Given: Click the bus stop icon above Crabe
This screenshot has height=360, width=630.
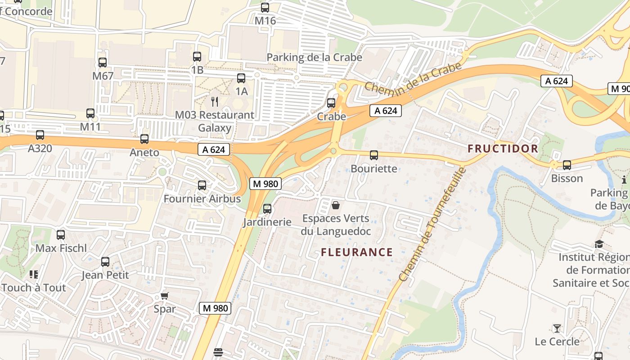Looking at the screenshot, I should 331,103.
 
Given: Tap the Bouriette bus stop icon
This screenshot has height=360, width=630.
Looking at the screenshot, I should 373,155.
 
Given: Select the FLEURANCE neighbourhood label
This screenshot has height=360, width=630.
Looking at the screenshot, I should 357,252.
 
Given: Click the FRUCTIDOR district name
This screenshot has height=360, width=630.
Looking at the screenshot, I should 502,149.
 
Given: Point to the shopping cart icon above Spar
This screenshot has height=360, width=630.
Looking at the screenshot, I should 164,296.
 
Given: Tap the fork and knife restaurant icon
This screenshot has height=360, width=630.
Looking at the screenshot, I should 215,102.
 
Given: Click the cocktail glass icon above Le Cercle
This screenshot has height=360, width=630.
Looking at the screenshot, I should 557,328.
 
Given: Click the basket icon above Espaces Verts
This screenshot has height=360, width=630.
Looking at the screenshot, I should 335,206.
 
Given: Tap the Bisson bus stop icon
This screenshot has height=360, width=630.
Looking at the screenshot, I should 567,165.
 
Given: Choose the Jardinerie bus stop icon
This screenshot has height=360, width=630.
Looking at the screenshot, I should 267,209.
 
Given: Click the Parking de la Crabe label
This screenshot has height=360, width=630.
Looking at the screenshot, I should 314,58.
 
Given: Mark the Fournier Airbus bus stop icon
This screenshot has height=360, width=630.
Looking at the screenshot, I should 202,185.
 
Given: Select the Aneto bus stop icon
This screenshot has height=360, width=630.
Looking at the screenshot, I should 144,139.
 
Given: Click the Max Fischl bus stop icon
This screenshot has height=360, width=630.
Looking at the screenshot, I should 61,234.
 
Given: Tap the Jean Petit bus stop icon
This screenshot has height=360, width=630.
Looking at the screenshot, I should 105,261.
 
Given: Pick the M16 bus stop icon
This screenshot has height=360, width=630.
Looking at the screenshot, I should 265,8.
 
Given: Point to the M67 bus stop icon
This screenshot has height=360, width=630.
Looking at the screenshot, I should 103,63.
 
